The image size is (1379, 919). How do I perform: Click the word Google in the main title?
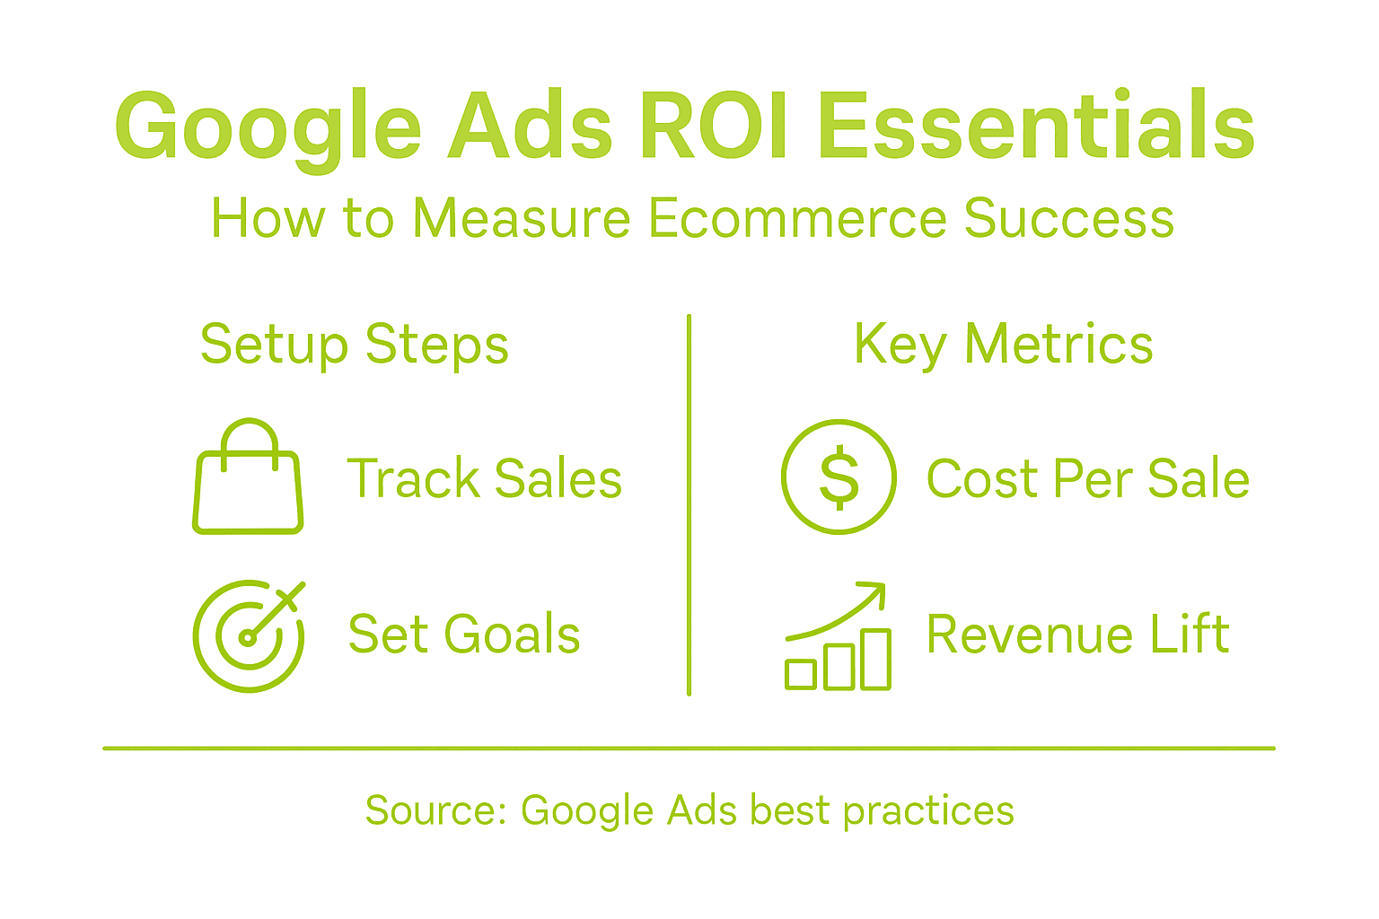pyautogui.click(x=268, y=127)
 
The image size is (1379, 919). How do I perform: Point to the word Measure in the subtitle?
pyautogui.click(x=522, y=218)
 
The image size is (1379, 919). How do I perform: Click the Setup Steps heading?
pyautogui.click(x=354, y=345)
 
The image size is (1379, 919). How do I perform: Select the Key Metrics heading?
pyautogui.click(x=1003, y=345)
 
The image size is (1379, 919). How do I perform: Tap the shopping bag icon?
pyautogui.click(x=248, y=489)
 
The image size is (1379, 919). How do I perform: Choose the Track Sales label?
pyautogui.click(x=484, y=478)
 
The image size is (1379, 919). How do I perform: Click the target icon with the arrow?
pyautogui.click(x=248, y=636)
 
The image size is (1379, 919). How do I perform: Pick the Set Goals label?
pyautogui.click(x=463, y=635)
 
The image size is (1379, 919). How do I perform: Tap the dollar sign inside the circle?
pyautogui.click(x=839, y=477)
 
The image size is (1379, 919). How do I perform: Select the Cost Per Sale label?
pyautogui.click(x=1087, y=478)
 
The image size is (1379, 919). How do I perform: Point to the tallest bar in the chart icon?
pyautogui.click(x=875, y=660)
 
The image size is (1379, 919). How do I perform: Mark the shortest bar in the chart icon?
pyautogui.click(x=801, y=675)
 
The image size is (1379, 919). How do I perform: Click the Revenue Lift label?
pyautogui.click(x=1077, y=635)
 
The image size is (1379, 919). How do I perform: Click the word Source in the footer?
pyautogui.click(x=429, y=810)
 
